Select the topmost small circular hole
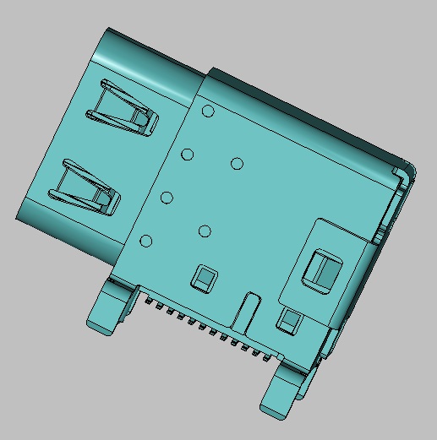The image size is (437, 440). (209, 111)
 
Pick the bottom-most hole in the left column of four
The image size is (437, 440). (145, 242)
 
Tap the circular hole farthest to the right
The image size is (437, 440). (237, 163)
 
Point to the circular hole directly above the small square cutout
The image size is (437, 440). (204, 231)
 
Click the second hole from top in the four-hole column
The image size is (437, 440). (188, 155)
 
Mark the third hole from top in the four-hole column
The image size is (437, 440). (167, 198)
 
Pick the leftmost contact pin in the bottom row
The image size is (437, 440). (149, 301)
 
